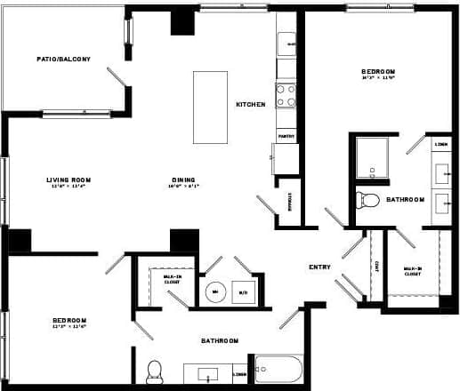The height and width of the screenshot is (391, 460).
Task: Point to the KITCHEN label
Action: pos(250,104)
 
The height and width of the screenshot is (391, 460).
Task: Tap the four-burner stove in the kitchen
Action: pos(286,95)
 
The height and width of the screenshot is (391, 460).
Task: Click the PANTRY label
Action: pos(286,136)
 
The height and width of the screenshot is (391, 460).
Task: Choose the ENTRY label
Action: pos(319,267)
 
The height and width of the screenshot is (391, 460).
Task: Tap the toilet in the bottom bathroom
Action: pos(154,369)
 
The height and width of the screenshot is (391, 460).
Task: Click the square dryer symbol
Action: pos(243,291)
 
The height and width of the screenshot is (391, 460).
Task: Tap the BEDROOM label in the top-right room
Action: pos(378,71)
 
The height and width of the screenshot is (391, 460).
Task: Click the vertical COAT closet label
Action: pos(377,266)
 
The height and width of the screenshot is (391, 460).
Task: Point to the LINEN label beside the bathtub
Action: pos(239,374)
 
